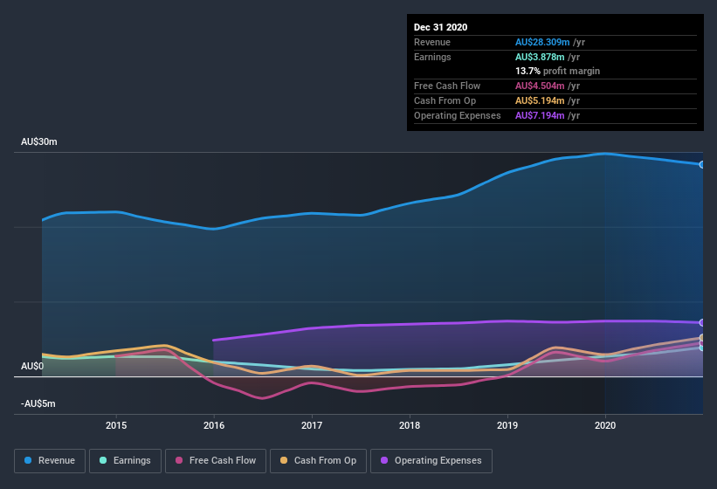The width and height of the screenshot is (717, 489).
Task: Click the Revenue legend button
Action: tap(50, 460)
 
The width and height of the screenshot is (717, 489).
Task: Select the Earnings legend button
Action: tap(124, 460)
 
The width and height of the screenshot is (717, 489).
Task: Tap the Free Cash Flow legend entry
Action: tap(215, 460)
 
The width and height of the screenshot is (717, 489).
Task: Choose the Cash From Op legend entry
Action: tap(318, 460)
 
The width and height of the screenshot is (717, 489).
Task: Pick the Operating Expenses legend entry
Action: tap(431, 460)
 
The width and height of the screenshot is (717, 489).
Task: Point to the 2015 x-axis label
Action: tap(116, 425)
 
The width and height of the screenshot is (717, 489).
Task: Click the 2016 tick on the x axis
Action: tap(214, 425)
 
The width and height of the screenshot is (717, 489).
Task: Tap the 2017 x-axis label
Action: tap(312, 425)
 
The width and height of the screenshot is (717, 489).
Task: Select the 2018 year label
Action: tap(410, 425)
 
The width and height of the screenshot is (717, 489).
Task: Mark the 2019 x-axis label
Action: tap(507, 425)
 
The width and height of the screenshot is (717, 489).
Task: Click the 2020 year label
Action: tap(605, 425)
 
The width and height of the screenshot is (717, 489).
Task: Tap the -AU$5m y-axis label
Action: tap(38, 403)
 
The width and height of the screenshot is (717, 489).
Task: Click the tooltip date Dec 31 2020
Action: tap(440, 27)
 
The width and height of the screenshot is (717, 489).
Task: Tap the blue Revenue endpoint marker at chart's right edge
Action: tap(702, 164)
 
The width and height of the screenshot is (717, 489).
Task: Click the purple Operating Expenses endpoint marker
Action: tap(702, 323)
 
